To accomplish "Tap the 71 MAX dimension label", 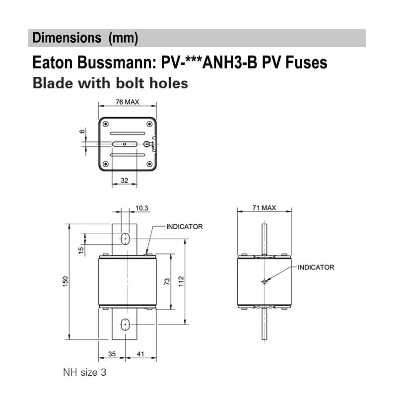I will pyautogui.click(x=263, y=207).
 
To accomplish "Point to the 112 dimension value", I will pyautogui.click(x=181, y=281).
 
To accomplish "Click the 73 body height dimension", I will pyautogui.click(x=167, y=281).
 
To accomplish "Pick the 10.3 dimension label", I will pyautogui.click(x=141, y=208).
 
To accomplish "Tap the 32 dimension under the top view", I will pyautogui.click(x=125, y=181).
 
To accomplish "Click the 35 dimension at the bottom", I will pyautogui.click(x=111, y=355).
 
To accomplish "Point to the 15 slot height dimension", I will pyautogui.click(x=81, y=249).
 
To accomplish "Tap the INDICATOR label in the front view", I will pyautogui.click(x=185, y=226).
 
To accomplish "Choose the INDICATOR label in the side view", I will pyautogui.click(x=316, y=267).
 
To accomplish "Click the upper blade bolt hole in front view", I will pyautogui.click(x=125, y=239).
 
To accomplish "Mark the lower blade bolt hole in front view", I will pyautogui.click(x=125, y=325).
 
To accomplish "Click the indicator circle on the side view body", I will pyautogui.click(x=265, y=281).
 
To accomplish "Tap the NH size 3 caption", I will pyautogui.click(x=84, y=372).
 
